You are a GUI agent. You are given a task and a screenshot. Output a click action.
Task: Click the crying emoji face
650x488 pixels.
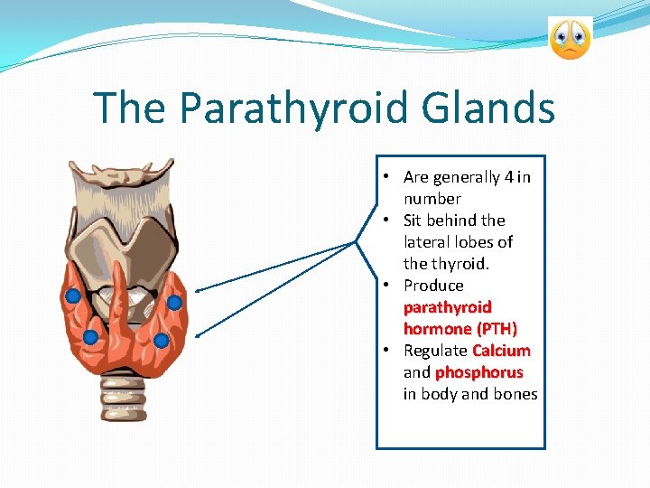coord(570,39)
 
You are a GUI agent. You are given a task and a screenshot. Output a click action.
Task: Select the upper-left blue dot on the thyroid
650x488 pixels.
coord(73,296)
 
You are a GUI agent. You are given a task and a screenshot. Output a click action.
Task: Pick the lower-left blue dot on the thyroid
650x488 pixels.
coord(90,337)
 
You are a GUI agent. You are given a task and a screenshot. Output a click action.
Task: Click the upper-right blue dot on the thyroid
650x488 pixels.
coord(174,302)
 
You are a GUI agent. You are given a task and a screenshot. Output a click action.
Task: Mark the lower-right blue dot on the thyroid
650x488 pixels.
coord(161,341)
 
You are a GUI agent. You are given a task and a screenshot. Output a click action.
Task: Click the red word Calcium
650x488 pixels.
coord(501,351)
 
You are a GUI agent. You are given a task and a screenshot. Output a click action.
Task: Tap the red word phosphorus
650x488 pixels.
coord(478,372)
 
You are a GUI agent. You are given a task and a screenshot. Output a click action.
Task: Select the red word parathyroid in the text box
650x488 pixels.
coord(448,307)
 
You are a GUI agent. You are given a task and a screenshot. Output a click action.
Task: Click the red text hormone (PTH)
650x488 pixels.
coord(460,329)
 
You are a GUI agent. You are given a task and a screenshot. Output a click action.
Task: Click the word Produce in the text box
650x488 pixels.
coord(433,286)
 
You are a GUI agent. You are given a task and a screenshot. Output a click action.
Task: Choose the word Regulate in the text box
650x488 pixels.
coord(435,351)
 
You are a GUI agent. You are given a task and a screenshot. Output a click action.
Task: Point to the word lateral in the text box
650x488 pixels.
coord(430,242)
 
